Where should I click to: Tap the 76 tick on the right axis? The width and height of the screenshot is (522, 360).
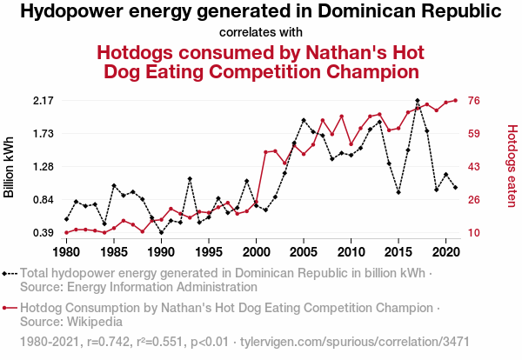pos(476,101)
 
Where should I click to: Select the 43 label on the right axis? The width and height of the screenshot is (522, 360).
pos(476,167)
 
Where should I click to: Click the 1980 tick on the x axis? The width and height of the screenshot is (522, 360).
pos(66,252)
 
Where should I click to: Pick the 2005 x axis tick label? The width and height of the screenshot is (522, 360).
pos(303,252)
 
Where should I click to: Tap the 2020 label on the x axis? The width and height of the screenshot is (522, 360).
pos(445,252)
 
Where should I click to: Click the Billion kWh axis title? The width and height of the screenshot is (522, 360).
pos(10,167)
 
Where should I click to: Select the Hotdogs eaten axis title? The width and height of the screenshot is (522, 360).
pos(512,167)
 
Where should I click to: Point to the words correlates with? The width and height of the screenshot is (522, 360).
pos(261,33)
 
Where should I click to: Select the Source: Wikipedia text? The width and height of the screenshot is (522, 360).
pos(70,322)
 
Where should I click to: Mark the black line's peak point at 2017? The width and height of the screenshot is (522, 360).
pos(418,101)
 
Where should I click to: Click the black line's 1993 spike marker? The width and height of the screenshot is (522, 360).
pos(190,179)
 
